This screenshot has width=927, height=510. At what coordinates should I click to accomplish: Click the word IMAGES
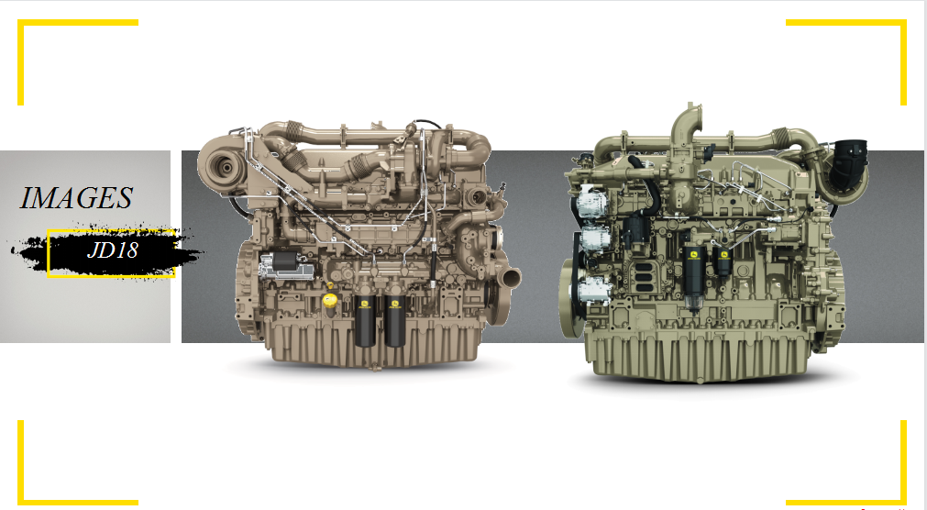point(76,198)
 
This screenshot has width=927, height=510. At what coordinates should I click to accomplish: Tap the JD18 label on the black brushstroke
point(113,250)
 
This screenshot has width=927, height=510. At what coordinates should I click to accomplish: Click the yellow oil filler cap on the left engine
point(329,299)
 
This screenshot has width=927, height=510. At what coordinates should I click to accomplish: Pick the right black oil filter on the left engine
point(395,320)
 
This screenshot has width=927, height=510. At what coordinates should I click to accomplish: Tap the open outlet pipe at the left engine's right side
point(510,277)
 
